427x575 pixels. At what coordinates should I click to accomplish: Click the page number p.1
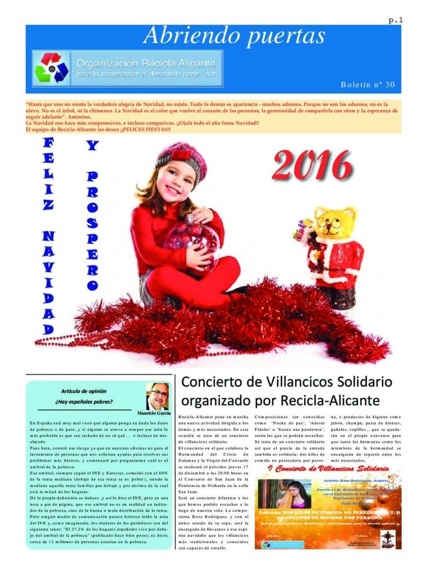(395, 20)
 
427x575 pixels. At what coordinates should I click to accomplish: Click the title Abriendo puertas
(234, 36)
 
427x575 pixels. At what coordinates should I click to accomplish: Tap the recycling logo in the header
(52, 67)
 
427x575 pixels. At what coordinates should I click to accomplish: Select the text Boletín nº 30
(368, 84)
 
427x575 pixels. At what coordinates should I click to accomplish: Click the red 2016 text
(312, 165)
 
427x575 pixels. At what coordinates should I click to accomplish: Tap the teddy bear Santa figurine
(334, 253)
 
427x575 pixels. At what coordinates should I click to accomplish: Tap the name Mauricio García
(153, 413)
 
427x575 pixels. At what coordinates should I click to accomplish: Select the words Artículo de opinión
(84, 391)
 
